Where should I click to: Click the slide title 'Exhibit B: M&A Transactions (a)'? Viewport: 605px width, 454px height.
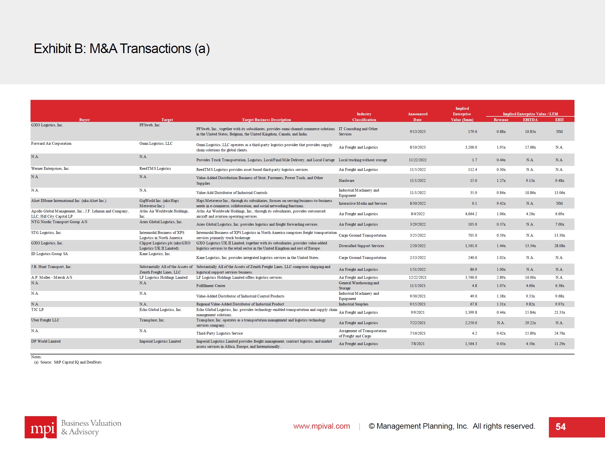[122, 49]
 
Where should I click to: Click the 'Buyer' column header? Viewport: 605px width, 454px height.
[84, 120]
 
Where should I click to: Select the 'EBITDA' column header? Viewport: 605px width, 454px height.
[530, 120]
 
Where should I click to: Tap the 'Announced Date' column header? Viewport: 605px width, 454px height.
[417, 117]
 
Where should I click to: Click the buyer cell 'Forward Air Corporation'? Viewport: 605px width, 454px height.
[51, 143]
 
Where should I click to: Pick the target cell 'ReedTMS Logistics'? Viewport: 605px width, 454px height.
[155, 168]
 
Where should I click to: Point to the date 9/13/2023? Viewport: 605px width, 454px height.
[417, 132]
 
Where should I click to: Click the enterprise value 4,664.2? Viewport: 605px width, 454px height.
[471, 214]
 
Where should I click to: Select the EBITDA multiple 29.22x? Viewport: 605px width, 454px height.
[530, 323]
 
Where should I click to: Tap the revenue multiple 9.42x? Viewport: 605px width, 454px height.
[501, 203]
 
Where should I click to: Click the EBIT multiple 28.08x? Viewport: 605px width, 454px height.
[559, 246]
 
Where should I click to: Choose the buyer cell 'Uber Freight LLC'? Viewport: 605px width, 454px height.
[45, 320]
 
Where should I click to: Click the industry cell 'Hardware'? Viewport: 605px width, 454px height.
[346, 180]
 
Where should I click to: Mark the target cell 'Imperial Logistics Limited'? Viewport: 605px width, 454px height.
[160, 341]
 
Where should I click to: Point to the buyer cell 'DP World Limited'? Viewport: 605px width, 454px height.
[46, 341]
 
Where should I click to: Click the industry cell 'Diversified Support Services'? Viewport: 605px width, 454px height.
[361, 246]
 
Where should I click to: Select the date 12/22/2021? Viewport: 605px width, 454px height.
[417, 277]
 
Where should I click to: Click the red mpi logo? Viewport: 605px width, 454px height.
[41, 427]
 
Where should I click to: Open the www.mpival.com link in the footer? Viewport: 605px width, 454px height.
[321, 426]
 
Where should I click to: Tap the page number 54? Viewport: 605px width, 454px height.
[560, 427]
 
